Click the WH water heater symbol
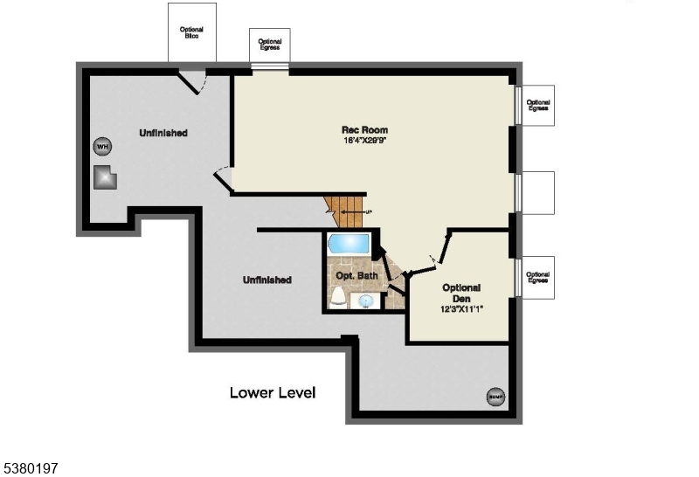102,146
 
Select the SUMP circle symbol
495,396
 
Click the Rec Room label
364,130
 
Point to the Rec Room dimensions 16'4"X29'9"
364,141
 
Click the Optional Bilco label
191,32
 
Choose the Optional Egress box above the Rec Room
270,45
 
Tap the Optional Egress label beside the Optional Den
537,278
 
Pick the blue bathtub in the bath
349,242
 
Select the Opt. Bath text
355,276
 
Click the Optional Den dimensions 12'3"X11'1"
462,308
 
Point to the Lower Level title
273,392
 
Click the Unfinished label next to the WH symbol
163,133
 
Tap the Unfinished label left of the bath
266,280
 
